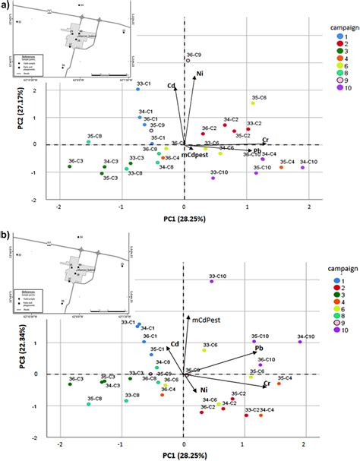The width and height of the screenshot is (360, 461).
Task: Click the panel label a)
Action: tap(5, 7)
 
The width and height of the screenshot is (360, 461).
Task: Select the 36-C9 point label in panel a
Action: tap(194, 55)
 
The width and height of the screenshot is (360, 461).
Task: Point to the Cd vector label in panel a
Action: tap(171, 86)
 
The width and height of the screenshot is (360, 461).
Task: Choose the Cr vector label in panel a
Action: tap(265, 140)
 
